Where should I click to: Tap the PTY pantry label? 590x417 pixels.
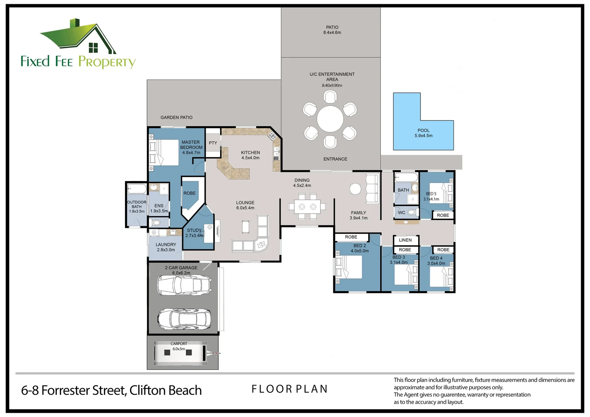pyautogui.click(x=213, y=143)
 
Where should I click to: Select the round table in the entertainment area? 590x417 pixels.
pyautogui.click(x=330, y=119)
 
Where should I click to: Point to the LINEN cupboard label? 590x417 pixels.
pyautogui.click(x=405, y=240)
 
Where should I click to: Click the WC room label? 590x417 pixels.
pyautogui.click(x=402, y=213)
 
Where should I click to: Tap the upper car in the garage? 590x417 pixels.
pyautogui.click(x=185, y=285)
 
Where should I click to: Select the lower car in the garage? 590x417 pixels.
pyautogui.click(x=185, y=319)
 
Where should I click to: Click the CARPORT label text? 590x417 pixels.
pyautogui.click(x=178, y=344)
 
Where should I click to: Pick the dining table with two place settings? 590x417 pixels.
pyautogui.click(x=307, y=207)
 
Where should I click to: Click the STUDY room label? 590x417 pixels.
pyautogui.click(x=194, y=230)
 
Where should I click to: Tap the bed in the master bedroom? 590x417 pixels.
pyautogui.click(x=164, y=153)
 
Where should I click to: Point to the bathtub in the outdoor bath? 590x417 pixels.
pyautogui.click(x=137, y=188)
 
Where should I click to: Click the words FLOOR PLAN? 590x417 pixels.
pyautogui.click(x=290, y=389)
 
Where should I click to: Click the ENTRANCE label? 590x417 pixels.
pyautogui.click(x=335, y=159)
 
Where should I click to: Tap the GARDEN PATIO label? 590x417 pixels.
pyautogui.click(x=176, y=117)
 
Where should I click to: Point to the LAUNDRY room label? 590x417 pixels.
pyautogui.click(x=166, y=244)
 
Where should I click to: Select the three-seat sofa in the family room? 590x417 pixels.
pyautogui.click(x=373, y=188)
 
